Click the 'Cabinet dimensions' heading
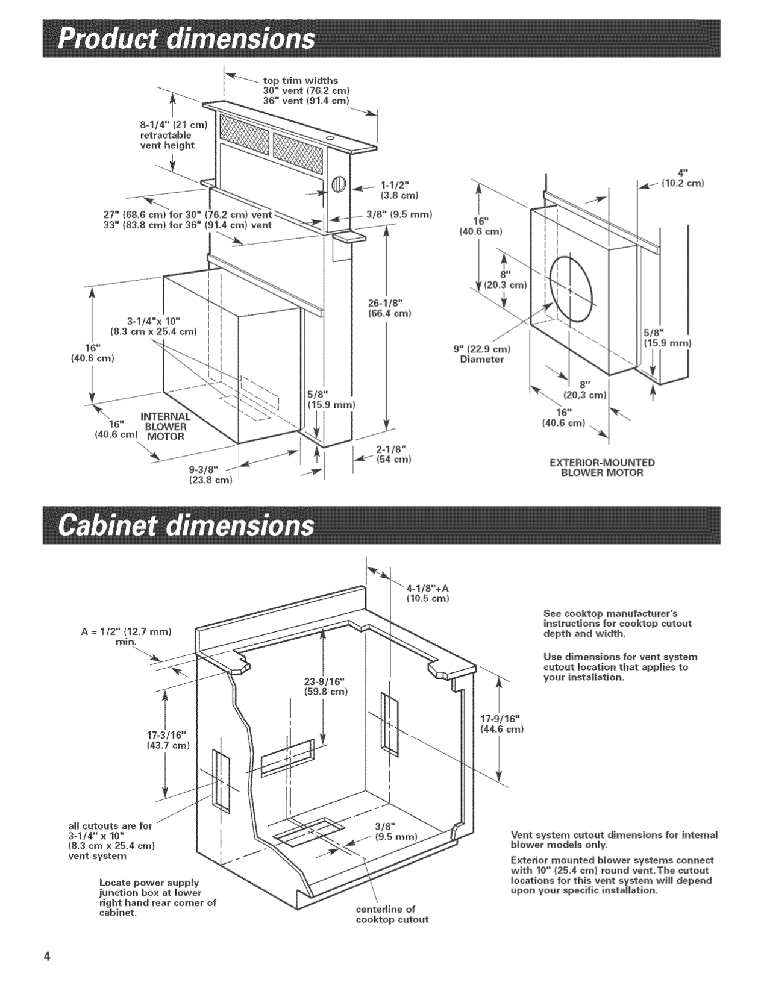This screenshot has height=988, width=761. point(186,524)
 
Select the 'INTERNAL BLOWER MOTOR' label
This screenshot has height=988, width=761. point(165,427)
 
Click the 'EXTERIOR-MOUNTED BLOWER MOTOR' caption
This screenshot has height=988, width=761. point(602,467)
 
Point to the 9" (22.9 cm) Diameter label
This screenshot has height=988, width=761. point(482,355)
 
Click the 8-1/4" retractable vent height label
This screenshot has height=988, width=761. point(173,135)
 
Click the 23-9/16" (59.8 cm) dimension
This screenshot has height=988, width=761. point(325,686)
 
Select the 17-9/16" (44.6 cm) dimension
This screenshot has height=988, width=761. point(502,724)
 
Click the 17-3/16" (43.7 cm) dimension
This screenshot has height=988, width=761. point(168,740)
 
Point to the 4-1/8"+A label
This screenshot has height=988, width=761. point(428,593)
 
